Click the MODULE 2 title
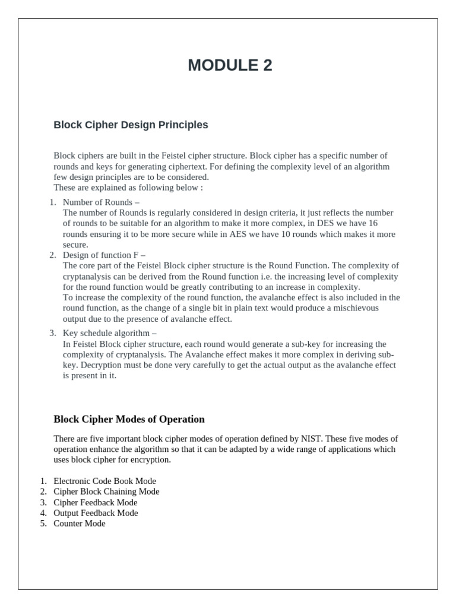[x=230, y=65]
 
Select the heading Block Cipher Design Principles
[x=131, y=125]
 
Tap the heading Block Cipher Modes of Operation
[x=129, y=419]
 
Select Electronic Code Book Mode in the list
[x=104, y=481]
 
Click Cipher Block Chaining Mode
[x=106, y=492]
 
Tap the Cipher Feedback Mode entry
[x=95, y=502]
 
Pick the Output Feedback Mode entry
[x=96, y=513]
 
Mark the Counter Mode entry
[x=79, y=524]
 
